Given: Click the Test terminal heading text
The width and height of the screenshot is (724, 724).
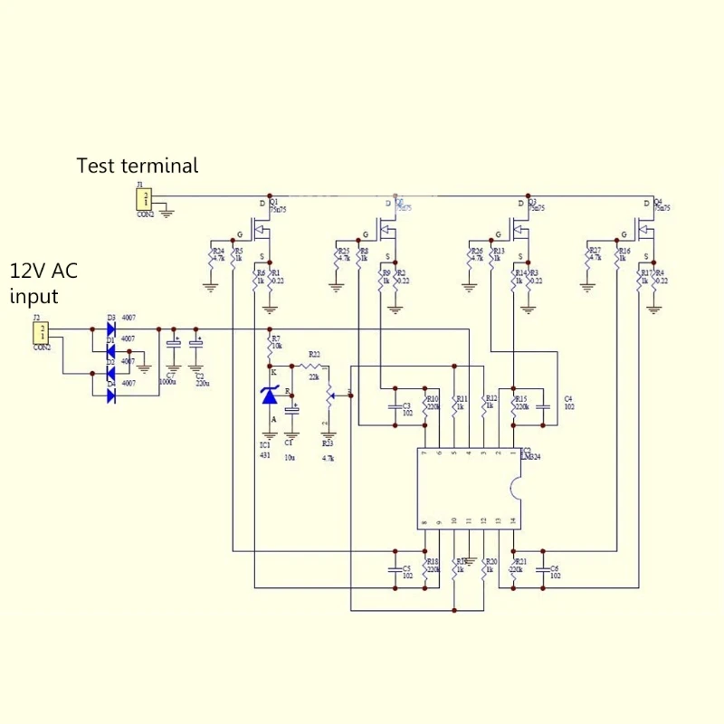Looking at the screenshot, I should pyautogui.click(x=137, y=166).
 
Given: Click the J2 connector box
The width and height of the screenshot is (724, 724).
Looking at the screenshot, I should pyautogui.click(x=41, y=333).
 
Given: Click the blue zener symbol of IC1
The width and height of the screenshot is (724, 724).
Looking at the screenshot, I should pyautogui.click(x=269, y=395).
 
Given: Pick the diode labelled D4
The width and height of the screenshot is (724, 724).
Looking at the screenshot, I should pyautogui.click(x=111, y=395).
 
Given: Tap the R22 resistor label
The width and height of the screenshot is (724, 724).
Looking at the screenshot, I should pyautogui.click(x=314, y=354).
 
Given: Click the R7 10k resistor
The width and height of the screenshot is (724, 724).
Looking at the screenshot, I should pyautogui.click(x=269, y=345).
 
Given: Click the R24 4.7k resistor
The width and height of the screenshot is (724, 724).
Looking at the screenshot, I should pyautogui.click(x=210, y=257).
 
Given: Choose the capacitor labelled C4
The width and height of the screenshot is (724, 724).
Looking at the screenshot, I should pyautogui.click(x=543, y=406).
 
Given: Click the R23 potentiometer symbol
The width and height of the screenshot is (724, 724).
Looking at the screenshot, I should pyautogui.click(x=329, y=395).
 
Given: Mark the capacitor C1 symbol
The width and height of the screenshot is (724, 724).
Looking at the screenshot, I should pyautogui.click(x=291, y=411).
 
